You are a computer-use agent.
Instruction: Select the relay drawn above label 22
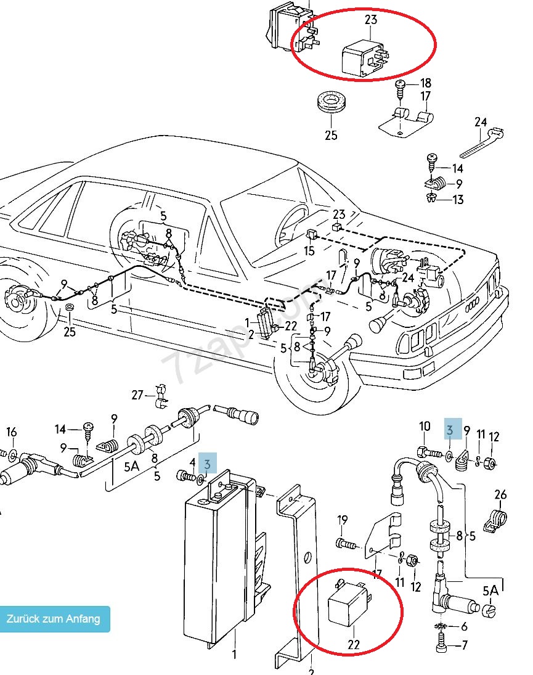pyautogui.click(x=348, y=603)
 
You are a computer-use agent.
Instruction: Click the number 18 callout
pyautogui.click(x=426, y=83)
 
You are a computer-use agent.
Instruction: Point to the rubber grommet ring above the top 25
pyautogui.click(x=331, y=103)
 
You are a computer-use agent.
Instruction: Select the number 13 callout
pyautogui.click(x=457, y=199)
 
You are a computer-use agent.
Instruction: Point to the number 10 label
pyautogui.click(x=425, y=426)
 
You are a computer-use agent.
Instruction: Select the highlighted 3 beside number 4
pyautogui.click(x=210, y=463)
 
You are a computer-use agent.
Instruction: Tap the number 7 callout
pyautogui.click(x=464, y=647)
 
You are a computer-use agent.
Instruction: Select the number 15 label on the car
pyautogui.click(x=309, y=251)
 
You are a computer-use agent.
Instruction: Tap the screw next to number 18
pyautogui.click(x=401, y=88)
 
